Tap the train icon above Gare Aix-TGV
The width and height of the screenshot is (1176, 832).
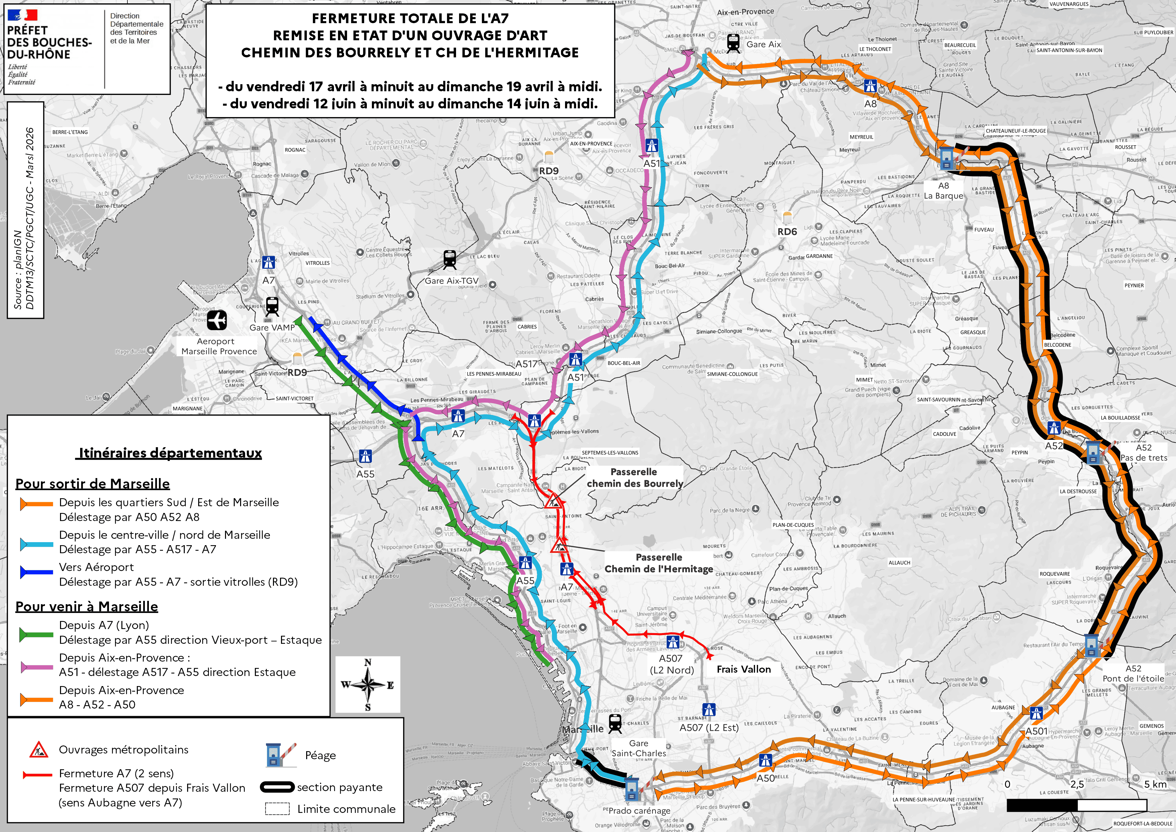(x=449, y=259)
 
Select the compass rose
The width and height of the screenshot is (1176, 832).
(x=368, y=684)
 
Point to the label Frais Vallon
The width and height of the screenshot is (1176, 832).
(x=743, y=669)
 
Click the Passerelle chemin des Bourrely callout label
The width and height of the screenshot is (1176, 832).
(x=634, y=477)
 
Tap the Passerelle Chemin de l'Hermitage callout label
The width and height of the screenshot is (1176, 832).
(x=659, y=563)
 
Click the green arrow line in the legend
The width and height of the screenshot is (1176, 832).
(x=36, y=635)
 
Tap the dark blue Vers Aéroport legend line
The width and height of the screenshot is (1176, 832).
(x=36, y=572)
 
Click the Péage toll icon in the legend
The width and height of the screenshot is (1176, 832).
(x=280, y=755)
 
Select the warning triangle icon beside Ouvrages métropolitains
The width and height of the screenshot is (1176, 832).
(x=39, y=750)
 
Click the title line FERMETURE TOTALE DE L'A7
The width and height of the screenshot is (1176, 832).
(x=410, y=18)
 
